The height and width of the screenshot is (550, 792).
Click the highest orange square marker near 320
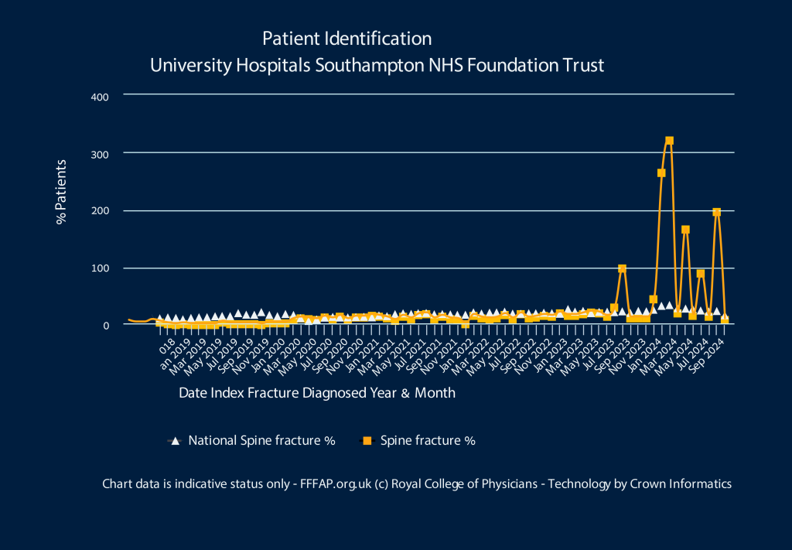[x=669, y=141]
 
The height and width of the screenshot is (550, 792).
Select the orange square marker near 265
[x=661, y=173]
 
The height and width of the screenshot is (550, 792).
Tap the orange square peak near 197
[x=716, y=212]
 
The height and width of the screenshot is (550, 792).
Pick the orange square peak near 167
[x=685, y=230]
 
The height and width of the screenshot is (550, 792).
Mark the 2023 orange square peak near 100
[x=622, y=268]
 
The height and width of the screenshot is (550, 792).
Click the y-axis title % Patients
[x=62, y=192]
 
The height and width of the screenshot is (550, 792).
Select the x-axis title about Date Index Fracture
[x=317, y=393]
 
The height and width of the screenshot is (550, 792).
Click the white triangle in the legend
[x=176, y=441]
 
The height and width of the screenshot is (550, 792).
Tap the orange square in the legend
[x=367, y=441]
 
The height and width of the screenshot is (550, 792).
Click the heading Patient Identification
[x=347, y=39]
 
